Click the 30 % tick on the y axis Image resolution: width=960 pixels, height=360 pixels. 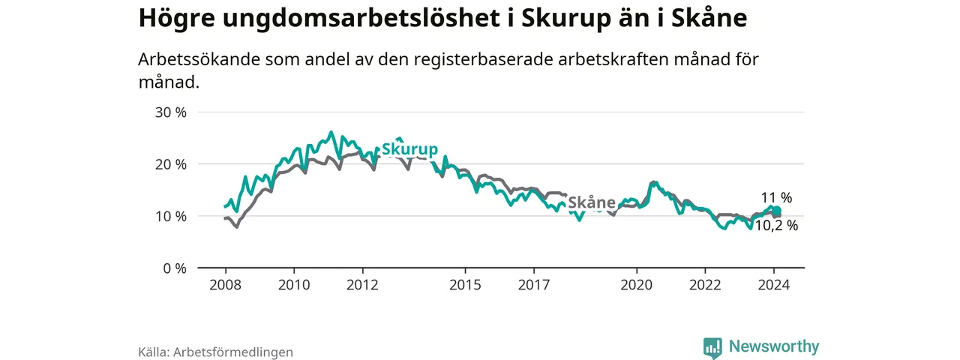pos(170,112)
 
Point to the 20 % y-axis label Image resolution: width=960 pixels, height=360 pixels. pos(170,164)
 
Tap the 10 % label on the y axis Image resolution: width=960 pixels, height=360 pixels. pos(170,216)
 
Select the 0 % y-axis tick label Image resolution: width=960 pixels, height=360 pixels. pos(174,268)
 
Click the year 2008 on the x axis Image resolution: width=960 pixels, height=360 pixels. pos(225,285)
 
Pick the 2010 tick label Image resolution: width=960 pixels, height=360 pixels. pos(294,285)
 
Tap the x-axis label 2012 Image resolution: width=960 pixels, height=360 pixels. pos(362,285)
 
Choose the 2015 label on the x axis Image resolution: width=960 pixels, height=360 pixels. pos(465,285)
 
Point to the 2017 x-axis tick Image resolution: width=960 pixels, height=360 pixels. pos(533,285)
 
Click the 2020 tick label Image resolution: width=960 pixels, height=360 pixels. pos(637,285)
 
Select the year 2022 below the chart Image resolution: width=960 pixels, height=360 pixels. pos(705,285)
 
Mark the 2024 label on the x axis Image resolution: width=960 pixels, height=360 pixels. pos(774,285)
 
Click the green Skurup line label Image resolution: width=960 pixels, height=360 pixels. pos(409,149)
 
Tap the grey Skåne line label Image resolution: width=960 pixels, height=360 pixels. pos(592,202)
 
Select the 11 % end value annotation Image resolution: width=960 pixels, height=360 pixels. pos(777,198)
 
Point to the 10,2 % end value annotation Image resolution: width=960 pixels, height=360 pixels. pos(775,226)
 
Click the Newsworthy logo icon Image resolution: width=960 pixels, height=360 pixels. pos(712,347)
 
